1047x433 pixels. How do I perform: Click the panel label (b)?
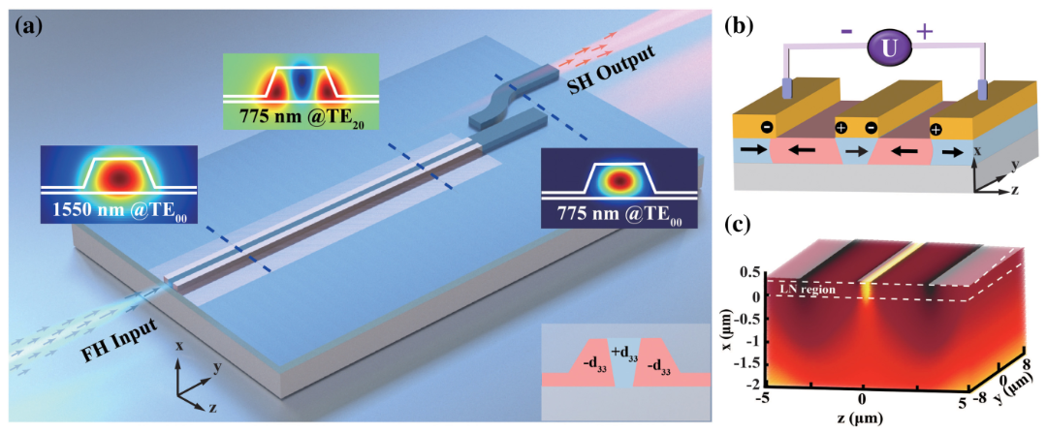[746, 27]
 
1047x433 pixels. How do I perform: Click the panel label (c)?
[746, 232]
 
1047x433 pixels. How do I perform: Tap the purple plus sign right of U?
[924, 31]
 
